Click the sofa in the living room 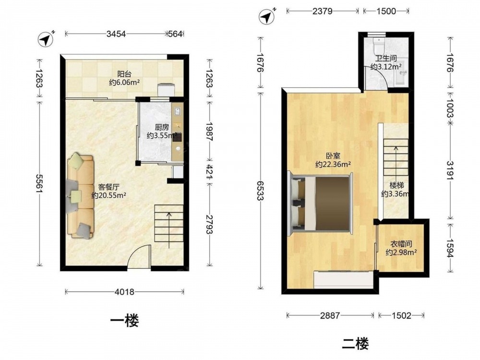[81, 196]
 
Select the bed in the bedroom [321, 203]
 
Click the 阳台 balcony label [125, 74]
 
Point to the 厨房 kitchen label [162, 127]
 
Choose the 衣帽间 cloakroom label [401, 244]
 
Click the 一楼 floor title [124, 321]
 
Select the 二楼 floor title [355, 344]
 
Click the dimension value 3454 [116, 34]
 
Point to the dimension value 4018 [124, 292]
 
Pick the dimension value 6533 [261, 191]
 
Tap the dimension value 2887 [330, 315]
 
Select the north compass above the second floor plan [266, 16]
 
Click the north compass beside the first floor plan [45, 39]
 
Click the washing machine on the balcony [166, 91]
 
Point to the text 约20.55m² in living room [108, 195]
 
